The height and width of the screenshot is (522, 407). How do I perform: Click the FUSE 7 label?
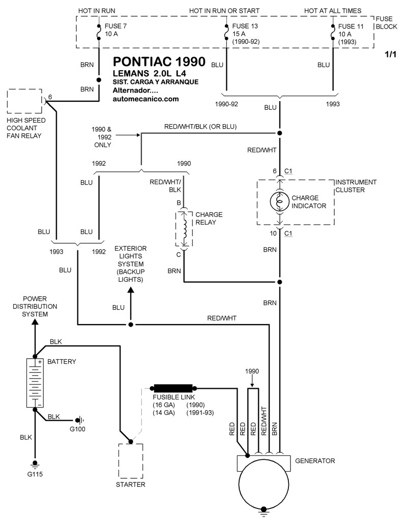(115, 25)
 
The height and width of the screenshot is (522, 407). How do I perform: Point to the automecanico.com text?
(146, 99)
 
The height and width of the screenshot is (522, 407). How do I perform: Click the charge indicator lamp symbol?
(279, 201)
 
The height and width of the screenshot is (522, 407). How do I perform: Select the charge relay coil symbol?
(184, 228)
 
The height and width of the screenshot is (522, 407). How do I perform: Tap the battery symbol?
(35, 382)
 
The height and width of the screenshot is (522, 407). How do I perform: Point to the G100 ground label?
(78, 429)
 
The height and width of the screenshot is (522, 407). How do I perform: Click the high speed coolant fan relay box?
(24, 102)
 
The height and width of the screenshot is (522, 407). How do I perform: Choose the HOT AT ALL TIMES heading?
(333, 11)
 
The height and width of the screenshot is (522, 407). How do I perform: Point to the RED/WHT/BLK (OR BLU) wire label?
(200, 126)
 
